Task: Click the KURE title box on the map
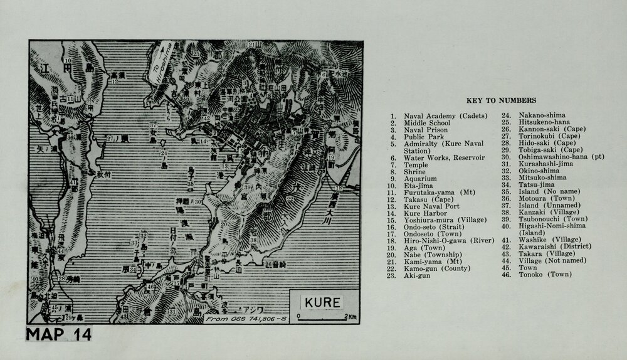pos(323,302)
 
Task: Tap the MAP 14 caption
pos(59,334)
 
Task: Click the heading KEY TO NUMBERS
pos(500,100)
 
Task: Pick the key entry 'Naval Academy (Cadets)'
pos(441,116)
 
